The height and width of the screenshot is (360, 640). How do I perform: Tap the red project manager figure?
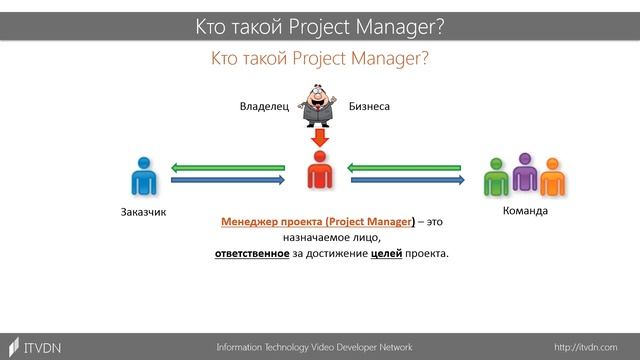click(319, 172)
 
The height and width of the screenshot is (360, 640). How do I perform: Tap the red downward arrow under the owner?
click(319, 136)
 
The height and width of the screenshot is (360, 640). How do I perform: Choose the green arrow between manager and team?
click(410, 167)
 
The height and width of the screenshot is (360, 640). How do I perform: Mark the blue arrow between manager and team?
click(410, 181)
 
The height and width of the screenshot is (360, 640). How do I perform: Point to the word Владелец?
click(263, 104)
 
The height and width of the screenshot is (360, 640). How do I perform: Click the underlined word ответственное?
click(251, 253)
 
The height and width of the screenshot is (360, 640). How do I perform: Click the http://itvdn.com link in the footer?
click(585, 346)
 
